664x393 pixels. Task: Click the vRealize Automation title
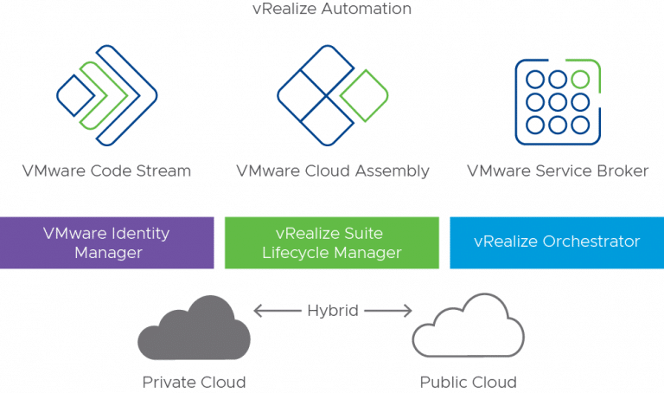pos(332,10)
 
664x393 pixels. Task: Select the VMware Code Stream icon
pos(106,95)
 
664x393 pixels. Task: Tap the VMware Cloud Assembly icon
pos(332,95)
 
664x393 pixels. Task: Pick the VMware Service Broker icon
pos(557,100)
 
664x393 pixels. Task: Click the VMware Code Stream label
pos(106,171)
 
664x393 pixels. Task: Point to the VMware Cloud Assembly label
pos(332,171)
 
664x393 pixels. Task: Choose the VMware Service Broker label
pos(557,171)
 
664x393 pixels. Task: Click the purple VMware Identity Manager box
pos(107,242)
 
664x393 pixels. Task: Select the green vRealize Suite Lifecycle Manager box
pos(332,242)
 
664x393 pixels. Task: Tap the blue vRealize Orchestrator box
pos(557,242)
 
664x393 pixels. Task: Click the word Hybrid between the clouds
pos(332,311)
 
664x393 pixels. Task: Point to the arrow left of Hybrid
pos(277,311)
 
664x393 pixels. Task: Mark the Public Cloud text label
pos(468,382)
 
